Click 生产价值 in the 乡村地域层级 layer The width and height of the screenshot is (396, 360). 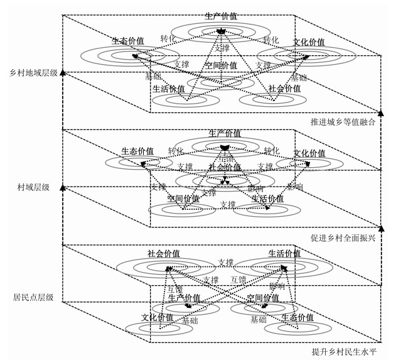point(221,15)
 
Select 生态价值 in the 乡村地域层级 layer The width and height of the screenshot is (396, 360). point(128,41)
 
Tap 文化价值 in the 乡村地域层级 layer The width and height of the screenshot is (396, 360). point(309,42)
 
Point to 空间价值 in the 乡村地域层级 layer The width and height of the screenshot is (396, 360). point(220,65)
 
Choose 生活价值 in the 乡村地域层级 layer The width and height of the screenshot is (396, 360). point(169,89)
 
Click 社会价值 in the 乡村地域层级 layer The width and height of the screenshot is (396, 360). point(284,89)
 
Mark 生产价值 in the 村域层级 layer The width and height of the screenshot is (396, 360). point(225,134)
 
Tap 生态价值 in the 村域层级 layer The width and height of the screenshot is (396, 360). point(137,151)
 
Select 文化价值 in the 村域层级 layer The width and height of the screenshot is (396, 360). point(309,153)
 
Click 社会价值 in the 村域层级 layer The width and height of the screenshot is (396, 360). point(225,168)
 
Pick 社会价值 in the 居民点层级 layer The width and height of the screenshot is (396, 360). point(164,254)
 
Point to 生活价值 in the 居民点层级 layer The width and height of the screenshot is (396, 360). point(284,254)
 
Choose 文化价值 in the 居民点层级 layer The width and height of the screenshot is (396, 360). point(157,318)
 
